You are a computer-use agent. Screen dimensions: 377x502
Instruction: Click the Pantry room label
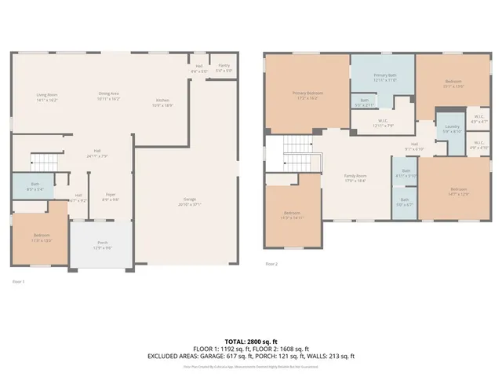click(x=224, y=68)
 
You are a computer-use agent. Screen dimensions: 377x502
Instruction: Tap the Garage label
click(x=186, y=202)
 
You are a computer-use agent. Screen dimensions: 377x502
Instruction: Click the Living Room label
click(x=47, y=98)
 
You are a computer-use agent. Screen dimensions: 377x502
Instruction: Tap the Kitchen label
click(x=162, y=103)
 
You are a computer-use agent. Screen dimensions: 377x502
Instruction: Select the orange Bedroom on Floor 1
click(x=41, y=237)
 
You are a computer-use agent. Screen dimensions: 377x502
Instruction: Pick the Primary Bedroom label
click(x=308, y=96)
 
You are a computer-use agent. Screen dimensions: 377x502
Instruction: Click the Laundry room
click(x=452, y=129)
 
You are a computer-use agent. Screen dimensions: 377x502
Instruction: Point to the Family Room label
click(x=356, y=178)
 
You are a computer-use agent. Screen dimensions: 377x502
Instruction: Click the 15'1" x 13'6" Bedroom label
click(x=453, y=83)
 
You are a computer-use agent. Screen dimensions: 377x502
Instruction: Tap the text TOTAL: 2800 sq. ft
click(x=251, y=342)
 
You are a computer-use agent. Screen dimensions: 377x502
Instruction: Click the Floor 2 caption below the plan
click(x=271, y=264)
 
